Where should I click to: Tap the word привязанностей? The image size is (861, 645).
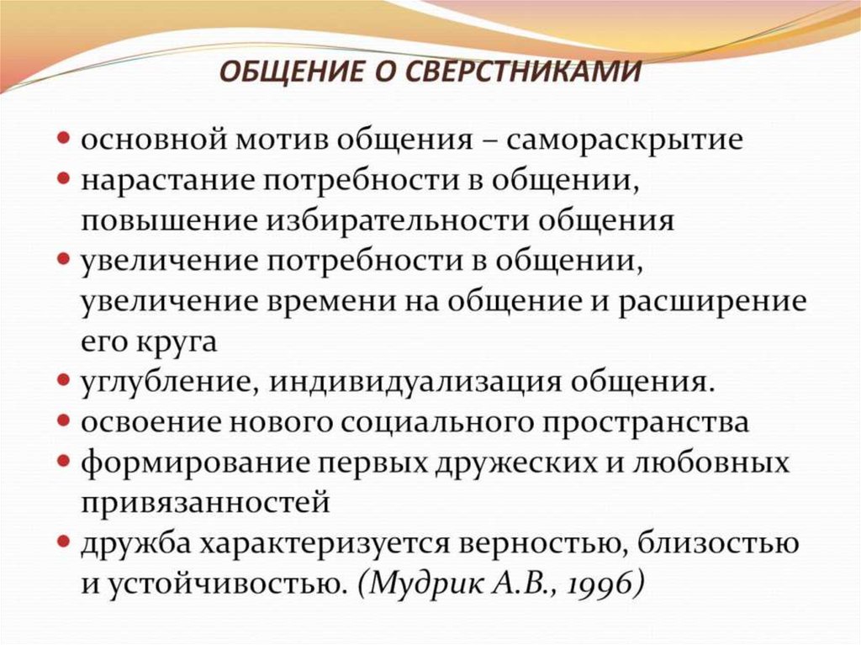204,504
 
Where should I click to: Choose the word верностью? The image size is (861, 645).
541,543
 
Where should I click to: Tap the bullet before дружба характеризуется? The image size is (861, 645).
64,542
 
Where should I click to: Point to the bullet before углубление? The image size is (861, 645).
64,381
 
